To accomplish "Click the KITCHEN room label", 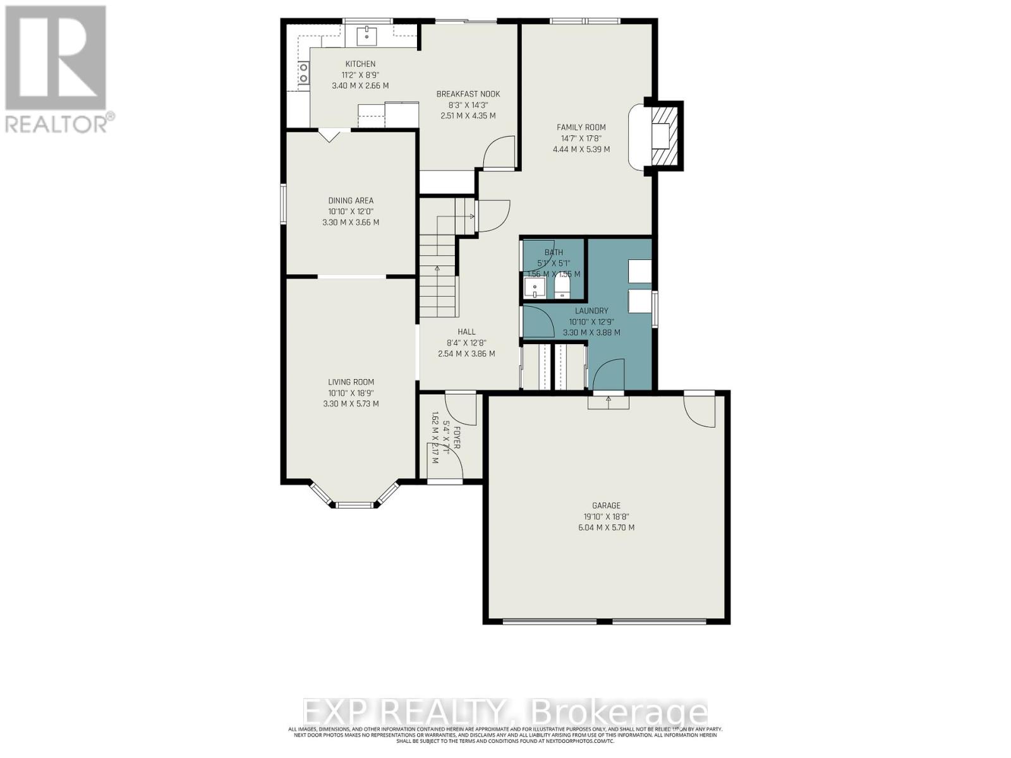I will coord(360,64).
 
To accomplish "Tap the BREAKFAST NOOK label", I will coord(468,94).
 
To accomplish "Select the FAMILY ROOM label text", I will coord(581,128).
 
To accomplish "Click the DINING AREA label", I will coord(350,201).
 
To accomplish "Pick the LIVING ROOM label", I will coord(351,382).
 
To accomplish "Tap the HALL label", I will coord(466,332).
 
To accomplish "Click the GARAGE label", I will coord(606,505).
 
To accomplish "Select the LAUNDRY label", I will coord(591,311).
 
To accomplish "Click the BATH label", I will coord(554,252).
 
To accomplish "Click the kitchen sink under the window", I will coord(366,35).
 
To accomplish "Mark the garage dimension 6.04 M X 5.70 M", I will coord(606,527).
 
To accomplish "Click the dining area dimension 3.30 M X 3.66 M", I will coord(350,222).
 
